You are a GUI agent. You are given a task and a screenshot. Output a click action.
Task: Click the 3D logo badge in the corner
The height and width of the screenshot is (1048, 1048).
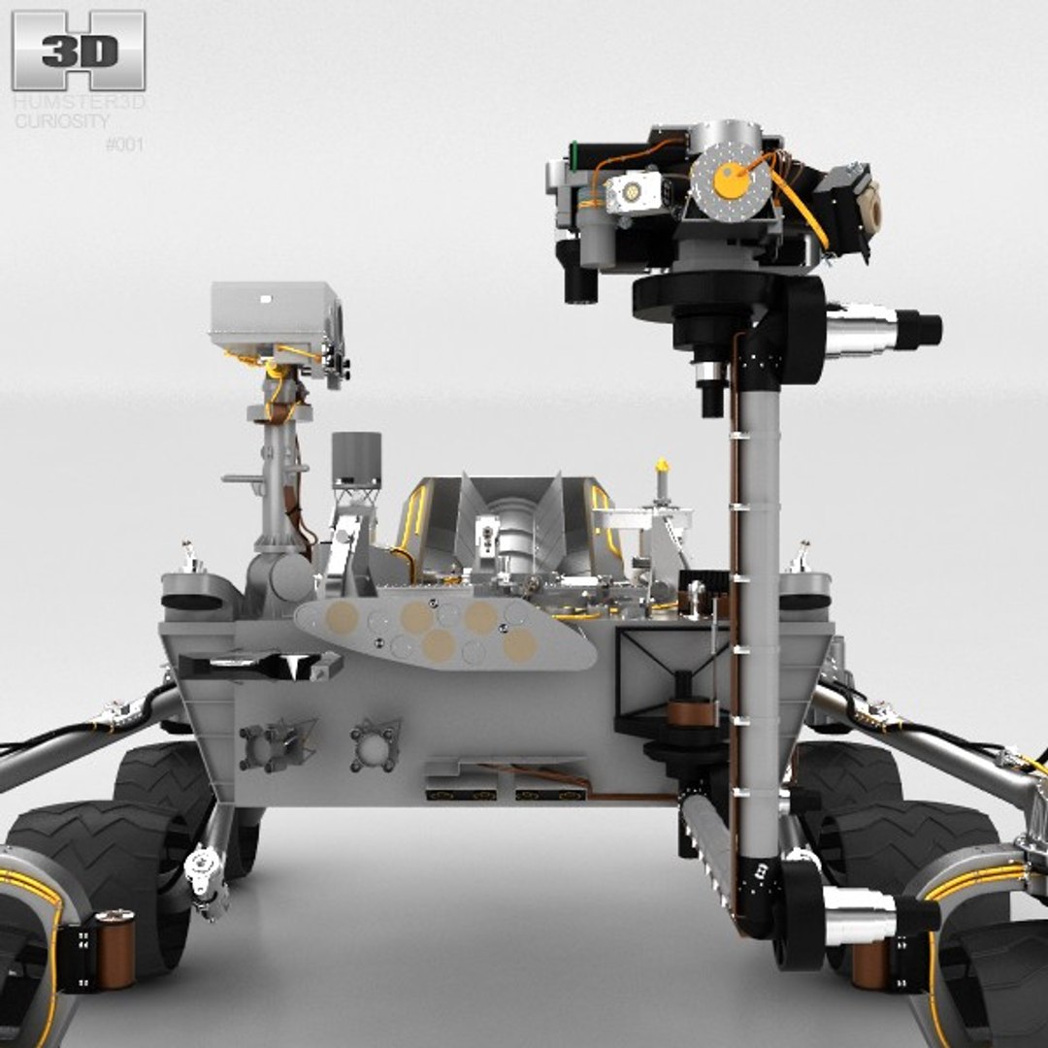pos(79,50)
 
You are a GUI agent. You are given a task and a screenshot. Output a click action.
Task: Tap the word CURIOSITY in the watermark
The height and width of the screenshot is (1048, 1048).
pos(61,121)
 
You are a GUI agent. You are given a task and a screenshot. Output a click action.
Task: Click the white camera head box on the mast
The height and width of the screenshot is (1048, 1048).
pos(273,315)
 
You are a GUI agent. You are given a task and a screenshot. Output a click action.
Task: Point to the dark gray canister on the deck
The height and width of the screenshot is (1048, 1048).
pos(356,460)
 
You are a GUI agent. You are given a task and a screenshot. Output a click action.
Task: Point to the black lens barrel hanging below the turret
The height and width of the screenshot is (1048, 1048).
pos(711,389)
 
